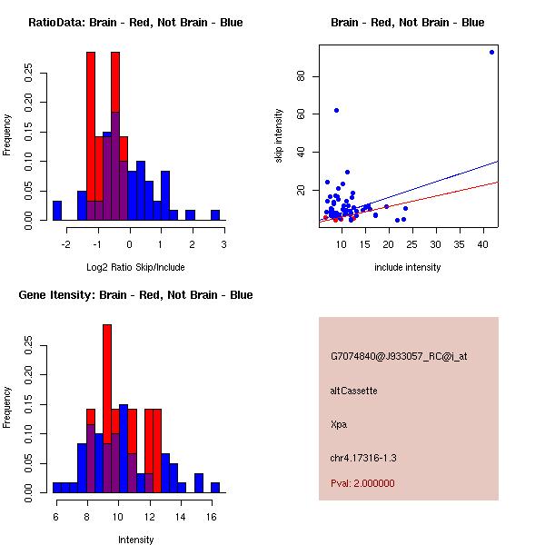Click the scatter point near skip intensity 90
[x=491, y=52]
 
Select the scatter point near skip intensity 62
[x=336, y=110]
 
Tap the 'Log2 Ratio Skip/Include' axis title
[x=135, y=267]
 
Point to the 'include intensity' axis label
[x=408, y=267]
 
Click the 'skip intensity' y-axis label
[x=279, y=136]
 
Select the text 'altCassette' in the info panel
[x=353, y=391]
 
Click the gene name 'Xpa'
[x=339, y=423]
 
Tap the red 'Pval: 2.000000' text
[x=362, y=483]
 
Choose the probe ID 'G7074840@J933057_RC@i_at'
[x=399, y=357]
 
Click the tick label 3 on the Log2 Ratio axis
[x=223, y=243]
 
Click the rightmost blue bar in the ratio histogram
[x=215, y=215]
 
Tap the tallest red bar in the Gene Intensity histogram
[x=107, y=381]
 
